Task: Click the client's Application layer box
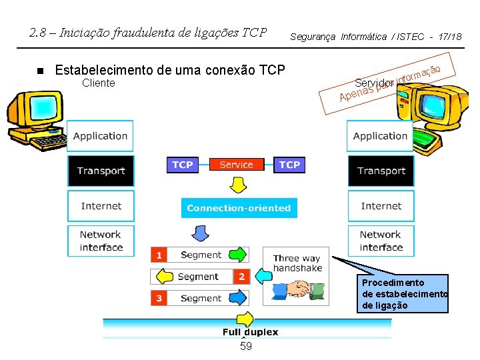[x=101, y=136]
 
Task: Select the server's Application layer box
[x=380, y=136]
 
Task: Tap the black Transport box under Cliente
[x=101, y=171]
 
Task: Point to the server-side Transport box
[x=381, y=171]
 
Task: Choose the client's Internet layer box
[x=101, y=206]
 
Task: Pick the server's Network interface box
[x=381, y=241]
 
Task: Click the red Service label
[x=236, y=165]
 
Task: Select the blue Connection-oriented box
[x=239, y=208]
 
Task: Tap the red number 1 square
[x=159, y=255]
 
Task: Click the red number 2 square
[x=241, y=276]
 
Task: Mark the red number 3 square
[x=159, y=298]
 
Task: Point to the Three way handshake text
[x=297, y=263]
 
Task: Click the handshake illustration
[x=298, y=290]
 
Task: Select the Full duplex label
[x=250, y=331]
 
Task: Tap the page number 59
[x=245, y=347]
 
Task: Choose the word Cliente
[x=98, y=83]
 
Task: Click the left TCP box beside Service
[x=183, y=165]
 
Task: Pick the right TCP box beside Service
[x=289, y=165]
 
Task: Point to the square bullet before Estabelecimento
[x=39, y=71]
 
